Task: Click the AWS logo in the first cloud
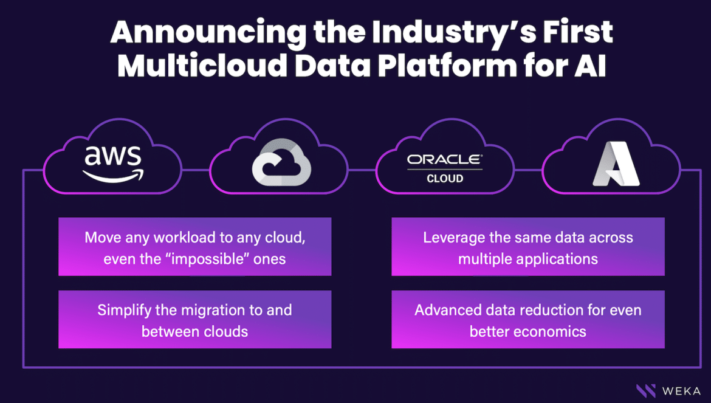pos(113,164)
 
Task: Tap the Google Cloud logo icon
pos(281,162)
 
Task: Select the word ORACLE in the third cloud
pos(444,160)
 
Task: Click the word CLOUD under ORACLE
pos(445,179)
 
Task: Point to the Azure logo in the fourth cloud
pos(616,164)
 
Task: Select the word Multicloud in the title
pos(202,66)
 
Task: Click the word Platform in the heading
pos(447,66)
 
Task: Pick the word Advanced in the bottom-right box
pos(445,311)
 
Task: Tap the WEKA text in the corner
pos(681,391)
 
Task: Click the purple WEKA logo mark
pos(646,391)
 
